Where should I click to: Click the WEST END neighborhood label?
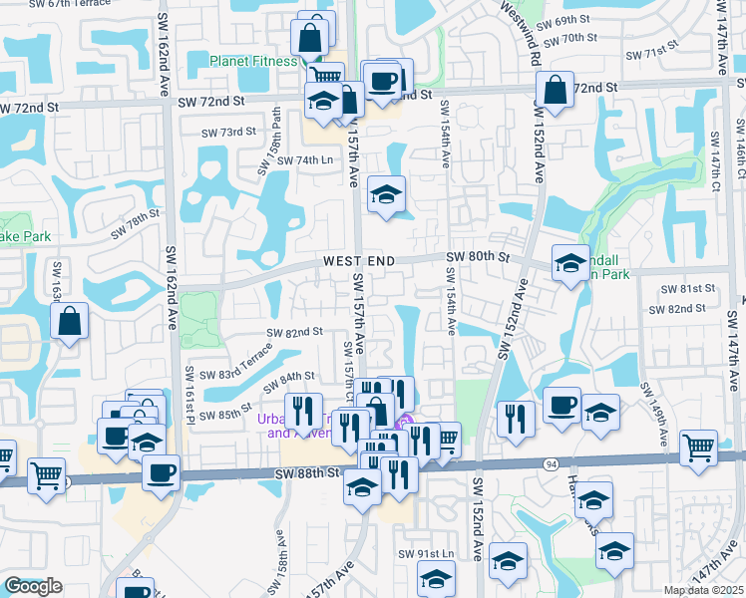click(x=358, y=261)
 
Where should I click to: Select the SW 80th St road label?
click(x=478, y=257)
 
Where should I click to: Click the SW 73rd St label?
click(x=228, y=133)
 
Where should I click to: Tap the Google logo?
click(x=33, y=586)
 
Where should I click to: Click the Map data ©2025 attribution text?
click(x=702, y=590)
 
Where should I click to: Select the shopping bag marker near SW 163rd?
click(x=69, y=322)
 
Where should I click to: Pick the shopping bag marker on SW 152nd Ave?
click(x=554, y=90)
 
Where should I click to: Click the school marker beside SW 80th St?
click(x=570, y=263)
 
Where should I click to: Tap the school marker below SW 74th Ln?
click(x=386, y=193)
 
